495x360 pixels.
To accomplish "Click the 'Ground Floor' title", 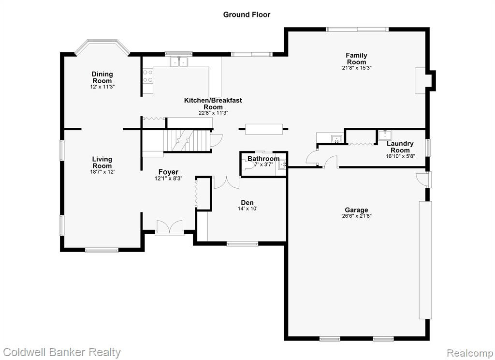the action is click(247, 15).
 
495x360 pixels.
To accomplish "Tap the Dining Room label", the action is click(102, 77).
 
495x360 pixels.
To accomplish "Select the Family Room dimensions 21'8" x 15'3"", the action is click(357, 68).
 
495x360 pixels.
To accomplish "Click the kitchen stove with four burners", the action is click(148, 76).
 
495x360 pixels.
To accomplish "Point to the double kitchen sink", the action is click(179, 61).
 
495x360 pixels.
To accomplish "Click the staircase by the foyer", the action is click(186, 141).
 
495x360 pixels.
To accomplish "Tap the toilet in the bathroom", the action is click(249, 165).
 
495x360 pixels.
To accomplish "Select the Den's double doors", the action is click(227, 183).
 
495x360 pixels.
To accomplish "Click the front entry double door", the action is click(170, 228).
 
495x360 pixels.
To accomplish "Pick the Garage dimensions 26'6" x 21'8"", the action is click(356, 216).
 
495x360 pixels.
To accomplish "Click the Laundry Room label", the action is click(400, 147).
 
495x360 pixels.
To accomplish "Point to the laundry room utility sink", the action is click(385, 135).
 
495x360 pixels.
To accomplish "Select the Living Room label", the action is click(102, 163).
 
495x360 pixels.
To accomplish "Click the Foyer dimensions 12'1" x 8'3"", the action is click(169, 178).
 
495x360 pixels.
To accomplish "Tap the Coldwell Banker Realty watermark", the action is click(62, 352).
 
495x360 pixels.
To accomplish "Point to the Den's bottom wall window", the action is click(243, 243).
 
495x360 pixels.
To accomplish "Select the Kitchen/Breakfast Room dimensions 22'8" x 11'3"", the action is click(213, 113).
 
